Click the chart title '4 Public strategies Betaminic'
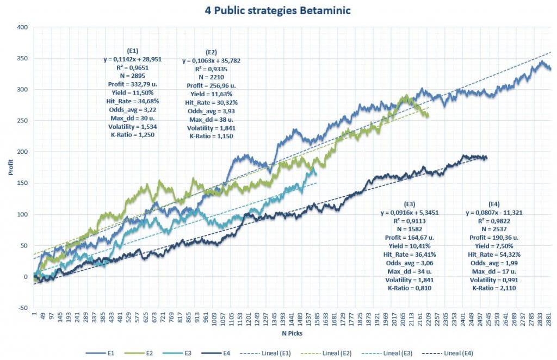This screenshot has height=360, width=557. coord(278,10)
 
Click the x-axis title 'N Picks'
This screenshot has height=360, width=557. coord(292,332)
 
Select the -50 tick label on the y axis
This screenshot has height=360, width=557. coord(22,308)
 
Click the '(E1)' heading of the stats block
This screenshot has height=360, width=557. coord(132,51)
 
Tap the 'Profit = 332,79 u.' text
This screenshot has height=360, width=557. coord(132,85)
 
